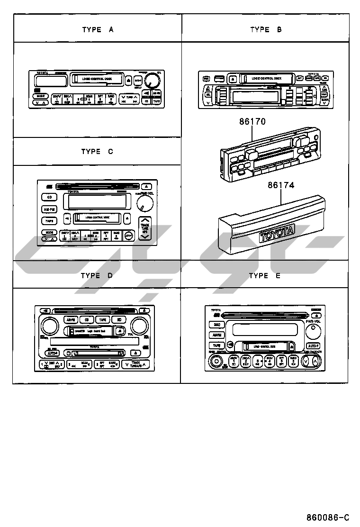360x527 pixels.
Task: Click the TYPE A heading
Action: [x=98, y=29]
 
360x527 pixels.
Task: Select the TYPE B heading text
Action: [x=266, y=29]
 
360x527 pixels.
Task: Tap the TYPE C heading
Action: [x=97, y=152]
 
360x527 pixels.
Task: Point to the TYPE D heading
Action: [x=97, y=275]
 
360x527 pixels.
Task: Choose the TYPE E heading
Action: [x=264, y=275]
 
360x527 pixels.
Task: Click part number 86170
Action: [x=252, y=122]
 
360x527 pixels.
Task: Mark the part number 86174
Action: [x=280, y=185]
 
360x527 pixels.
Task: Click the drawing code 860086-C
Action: [x=327, y=517]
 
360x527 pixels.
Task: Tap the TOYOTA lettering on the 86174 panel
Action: [x=277, y=233]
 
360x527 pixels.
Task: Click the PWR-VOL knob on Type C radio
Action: [x=144, y=204]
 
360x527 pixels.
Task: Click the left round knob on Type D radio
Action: [x=48, y=326]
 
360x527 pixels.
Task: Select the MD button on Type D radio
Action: [x=120, y=320]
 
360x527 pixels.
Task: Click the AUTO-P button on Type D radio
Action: [x=52, y=353]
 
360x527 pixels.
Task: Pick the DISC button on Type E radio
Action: [x=216, y=325]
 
